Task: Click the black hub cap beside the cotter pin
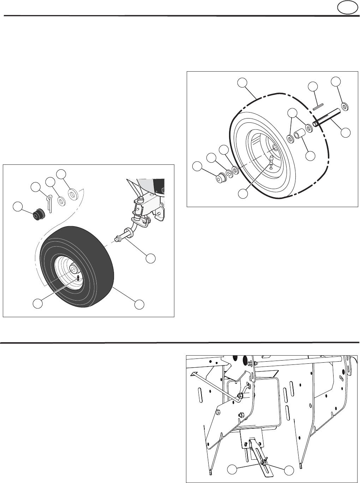(38, 215)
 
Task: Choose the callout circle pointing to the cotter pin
(35, 187)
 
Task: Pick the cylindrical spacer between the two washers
(300, 134)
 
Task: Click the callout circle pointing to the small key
(312, 86)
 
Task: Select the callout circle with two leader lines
(292, 113)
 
